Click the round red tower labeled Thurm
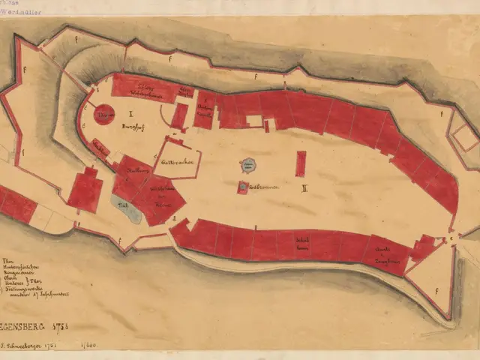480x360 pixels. coord(104,114)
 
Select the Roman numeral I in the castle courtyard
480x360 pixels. coord(130,114)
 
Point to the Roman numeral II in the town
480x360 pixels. coord(304,188)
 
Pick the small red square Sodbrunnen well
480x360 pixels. coord(243,187)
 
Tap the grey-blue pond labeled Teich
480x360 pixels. coord(129,210)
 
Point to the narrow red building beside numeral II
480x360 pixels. coord(301,163)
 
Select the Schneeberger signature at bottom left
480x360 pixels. coord(45,346)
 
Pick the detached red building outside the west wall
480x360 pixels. coord(85,190)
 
